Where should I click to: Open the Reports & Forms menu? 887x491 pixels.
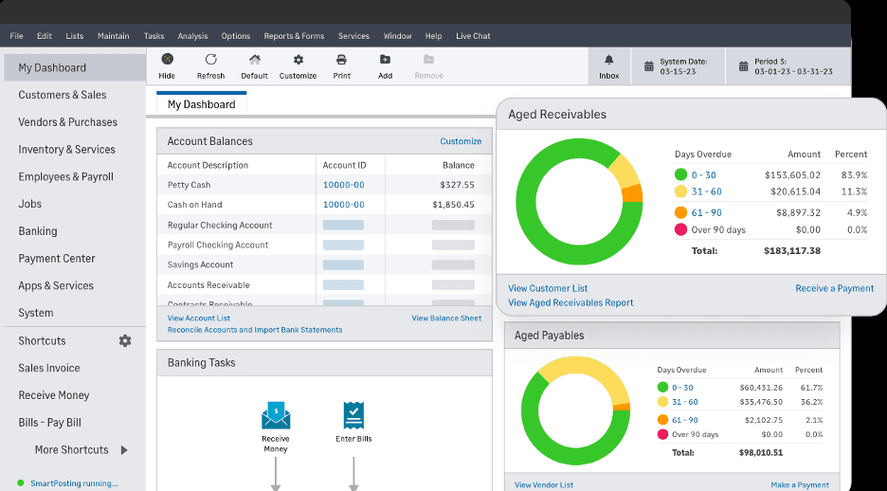[x=294, y=36]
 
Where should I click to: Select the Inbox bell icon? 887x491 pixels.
[x=608, y=61]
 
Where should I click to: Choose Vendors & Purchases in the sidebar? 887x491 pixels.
[x=67, y=122]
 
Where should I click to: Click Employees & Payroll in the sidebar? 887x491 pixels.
[x=65, y=176]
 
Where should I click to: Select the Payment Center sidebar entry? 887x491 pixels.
[x=57, y=259]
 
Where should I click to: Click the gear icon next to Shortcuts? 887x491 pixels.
[x=125, y=341]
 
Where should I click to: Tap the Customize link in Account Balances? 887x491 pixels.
[x=461, y=141]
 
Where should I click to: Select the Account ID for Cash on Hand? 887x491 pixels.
[x=343, y=205]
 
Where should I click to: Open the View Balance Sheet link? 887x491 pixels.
[x=446, y=318]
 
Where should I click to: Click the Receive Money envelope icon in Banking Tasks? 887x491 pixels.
[x=276, y=415]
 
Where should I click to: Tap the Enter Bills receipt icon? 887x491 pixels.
[x=353, y=415]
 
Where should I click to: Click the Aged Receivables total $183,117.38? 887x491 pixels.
[x=791, y=251]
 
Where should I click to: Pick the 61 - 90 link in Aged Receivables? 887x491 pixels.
[x=706, y=213]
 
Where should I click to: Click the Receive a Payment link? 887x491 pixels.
[x=834, y=288]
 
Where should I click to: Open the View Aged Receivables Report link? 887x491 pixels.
[x=570, y=302]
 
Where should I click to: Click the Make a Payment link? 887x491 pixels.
[x=799, y=485]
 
